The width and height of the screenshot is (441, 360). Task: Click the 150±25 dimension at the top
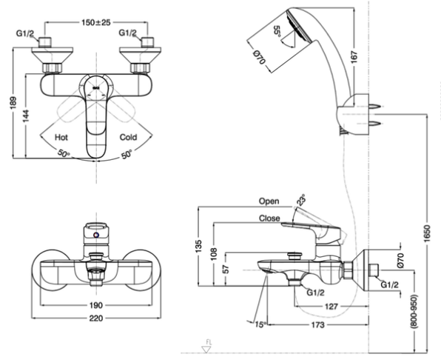[96, 22]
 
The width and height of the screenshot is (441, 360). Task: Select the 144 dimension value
[26, 116]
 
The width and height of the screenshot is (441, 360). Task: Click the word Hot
[61, 137]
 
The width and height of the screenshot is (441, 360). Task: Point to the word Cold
[128, 137]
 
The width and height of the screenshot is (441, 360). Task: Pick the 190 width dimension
[96, 305]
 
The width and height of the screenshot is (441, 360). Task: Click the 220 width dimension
[96, 319]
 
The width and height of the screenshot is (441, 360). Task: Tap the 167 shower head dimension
[354, 57]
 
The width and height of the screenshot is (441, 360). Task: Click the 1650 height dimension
[427, 233]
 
